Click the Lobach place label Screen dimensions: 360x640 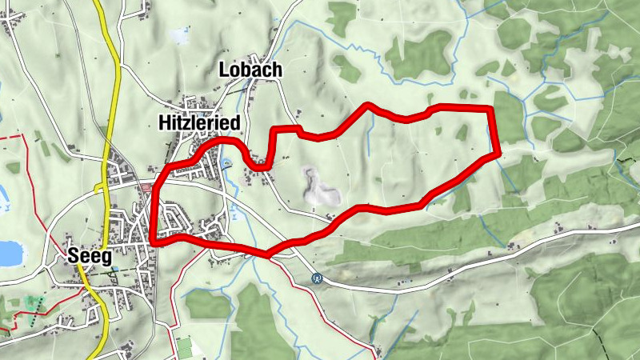click(x=250, y=70)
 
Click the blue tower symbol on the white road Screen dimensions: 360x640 click(x=318, y=278)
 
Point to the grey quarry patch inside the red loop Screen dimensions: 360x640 click(x=318, y=186)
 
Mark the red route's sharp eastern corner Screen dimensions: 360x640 click(x=498, y=151)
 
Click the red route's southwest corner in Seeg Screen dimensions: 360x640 click(x=151, y=242)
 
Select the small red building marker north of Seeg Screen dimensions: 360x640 click(x=145, y=188)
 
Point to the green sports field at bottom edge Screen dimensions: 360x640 click(x=184, y=347)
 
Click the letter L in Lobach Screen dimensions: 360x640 click(x=224, y=70)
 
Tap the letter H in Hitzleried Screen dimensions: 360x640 click(x=162, y=121)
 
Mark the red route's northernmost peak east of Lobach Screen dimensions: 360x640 click(x=368, y=105)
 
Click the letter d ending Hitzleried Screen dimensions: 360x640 click(x=235, y=121)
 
